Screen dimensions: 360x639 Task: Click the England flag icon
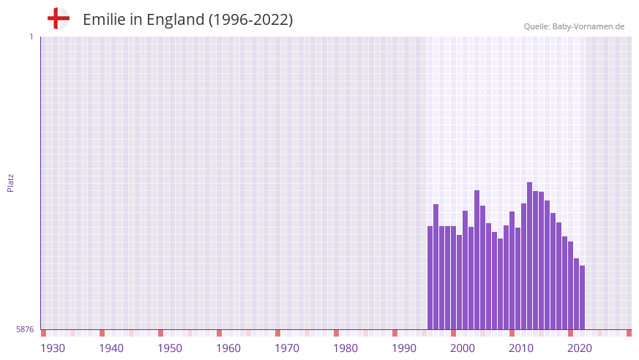pyautogui.click(x=58, y=18)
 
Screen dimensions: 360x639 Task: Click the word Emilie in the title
pyautogui.click(x=103, y=20)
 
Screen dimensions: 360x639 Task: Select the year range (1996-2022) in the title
pyautogui.click(x=251, y=20)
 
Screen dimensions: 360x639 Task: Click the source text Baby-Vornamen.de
pyautogui.click(x=588, y=26)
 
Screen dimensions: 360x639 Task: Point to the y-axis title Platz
pyautogui.click(x=10, y=183)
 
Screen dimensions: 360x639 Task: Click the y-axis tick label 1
pyautogui.click(x=31, y=37)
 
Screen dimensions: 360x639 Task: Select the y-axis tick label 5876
pyautogui.click(x=25, y=329)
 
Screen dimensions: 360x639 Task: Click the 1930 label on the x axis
pyautogui.click(x=53, y=348)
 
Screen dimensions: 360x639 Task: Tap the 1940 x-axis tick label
pyautogui.click(x=111, y=348)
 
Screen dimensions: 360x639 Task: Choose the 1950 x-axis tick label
pyautogui.click(x=170, y=348)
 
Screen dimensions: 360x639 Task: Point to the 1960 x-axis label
pyautogui.click(x=228, y=348)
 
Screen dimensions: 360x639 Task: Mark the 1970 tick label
pyautogui.click(x=287, y=348)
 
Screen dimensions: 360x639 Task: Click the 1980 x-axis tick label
pyautogui.click(x=345, y=348)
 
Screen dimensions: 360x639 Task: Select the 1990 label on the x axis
pyautogui.click(x=404, y=348)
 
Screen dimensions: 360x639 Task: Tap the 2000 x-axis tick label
pyautogui.click(x=463, y=348)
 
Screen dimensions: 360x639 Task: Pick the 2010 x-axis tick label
pyautogui.click(x=521, y=348)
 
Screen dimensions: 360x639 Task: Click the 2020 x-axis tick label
pyautogui.click(x=580, y=348)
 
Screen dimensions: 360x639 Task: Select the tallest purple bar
pyautogui.click(x=529, y=256)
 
